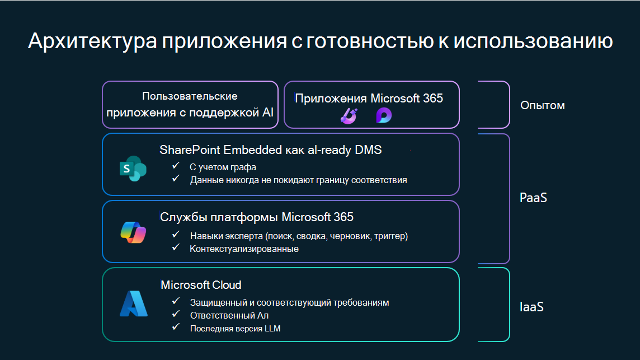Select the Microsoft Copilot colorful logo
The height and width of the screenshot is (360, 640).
(133, 232)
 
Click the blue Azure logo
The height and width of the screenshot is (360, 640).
(133, 304)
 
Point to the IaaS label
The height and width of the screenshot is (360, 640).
(531, 307)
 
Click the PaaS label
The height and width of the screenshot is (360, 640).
(533, 198)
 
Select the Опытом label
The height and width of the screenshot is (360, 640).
(542, 105)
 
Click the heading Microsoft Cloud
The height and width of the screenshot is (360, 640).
(201, 285)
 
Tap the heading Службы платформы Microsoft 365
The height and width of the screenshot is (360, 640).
(257, 217)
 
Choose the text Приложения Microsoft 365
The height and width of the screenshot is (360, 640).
(369, 99)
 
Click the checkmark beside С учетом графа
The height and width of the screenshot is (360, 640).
(176, 166)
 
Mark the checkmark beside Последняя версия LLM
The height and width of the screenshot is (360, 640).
(176, 328)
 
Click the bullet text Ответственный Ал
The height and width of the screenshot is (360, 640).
(222, 316)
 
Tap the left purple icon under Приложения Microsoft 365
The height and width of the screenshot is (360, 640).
(349, 116)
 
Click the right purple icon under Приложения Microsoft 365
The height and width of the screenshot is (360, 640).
(384, 116)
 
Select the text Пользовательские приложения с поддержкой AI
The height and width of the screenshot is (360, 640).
(190, 105)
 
